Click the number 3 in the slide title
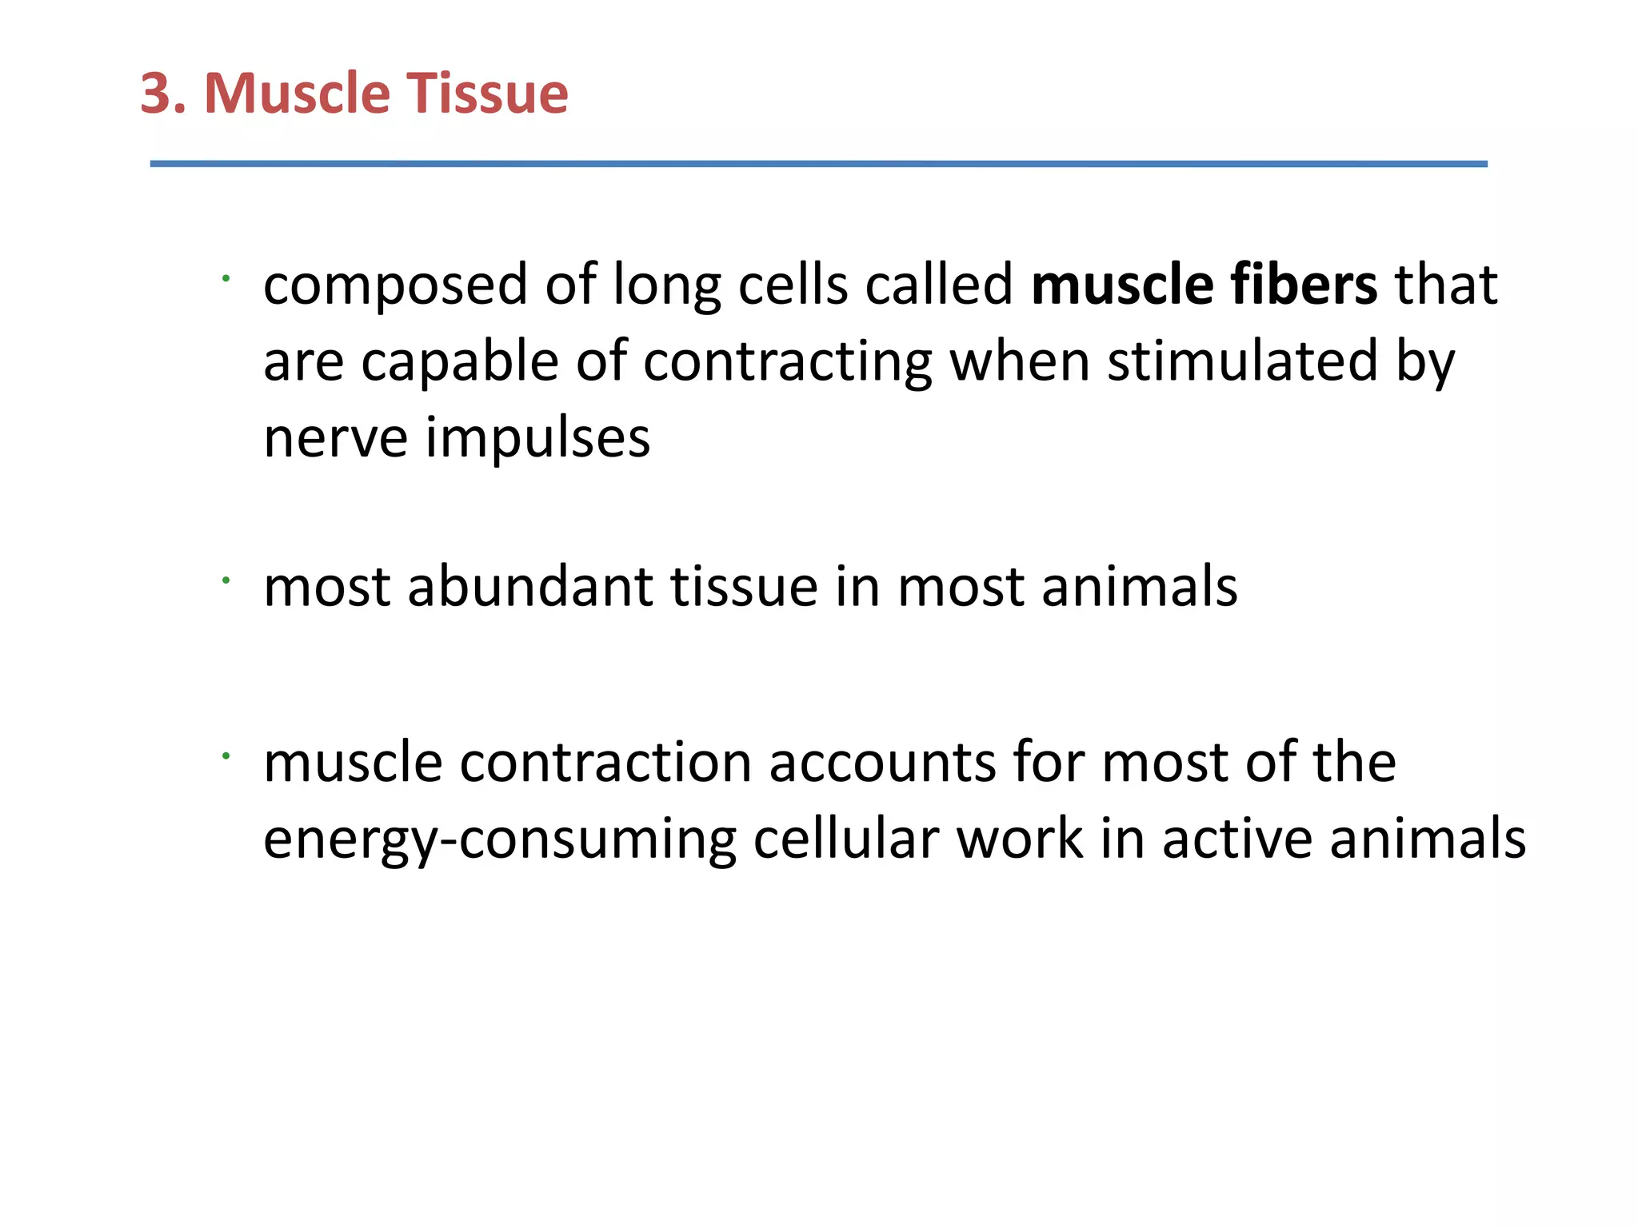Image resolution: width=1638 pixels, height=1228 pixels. coord(157,94)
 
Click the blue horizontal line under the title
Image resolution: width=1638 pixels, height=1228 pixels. coord(817,164)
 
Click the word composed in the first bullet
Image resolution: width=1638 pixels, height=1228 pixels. coord(395,286)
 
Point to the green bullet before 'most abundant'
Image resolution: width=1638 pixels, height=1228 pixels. coord(226,580)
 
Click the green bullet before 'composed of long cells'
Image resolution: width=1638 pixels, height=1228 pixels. coord(226,278)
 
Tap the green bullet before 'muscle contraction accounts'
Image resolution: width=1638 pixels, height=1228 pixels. coord(226,756)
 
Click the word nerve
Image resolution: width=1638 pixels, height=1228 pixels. coord(335,439)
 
